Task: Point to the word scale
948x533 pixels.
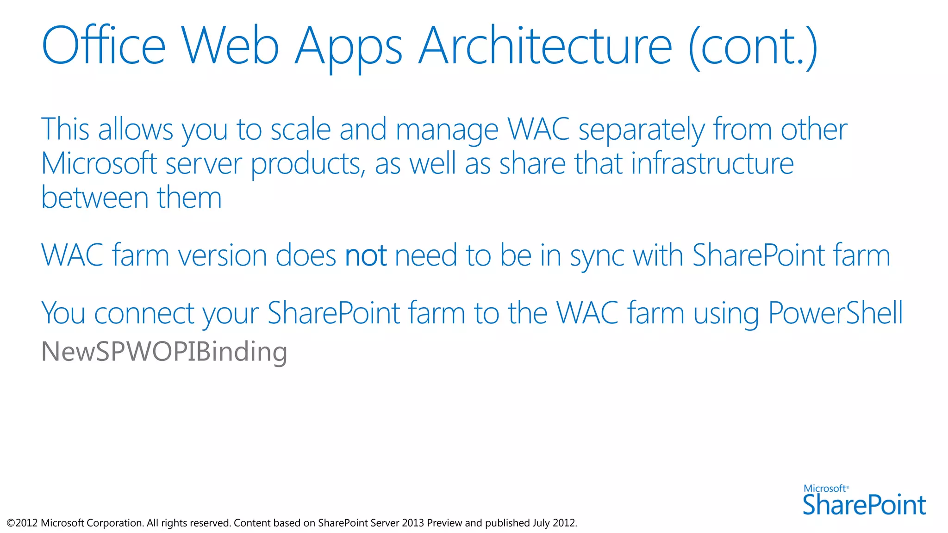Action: click(300, 129)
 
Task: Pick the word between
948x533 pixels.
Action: click(94, 198)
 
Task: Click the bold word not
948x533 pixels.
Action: click(366, 255)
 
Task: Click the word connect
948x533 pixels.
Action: click(144, 314)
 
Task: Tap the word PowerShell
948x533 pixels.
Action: click(835, 313)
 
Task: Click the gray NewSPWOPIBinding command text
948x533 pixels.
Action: click(164, 352)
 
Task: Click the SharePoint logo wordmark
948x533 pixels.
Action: click(864, 504)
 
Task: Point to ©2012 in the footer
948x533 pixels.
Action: click(22, 523)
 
